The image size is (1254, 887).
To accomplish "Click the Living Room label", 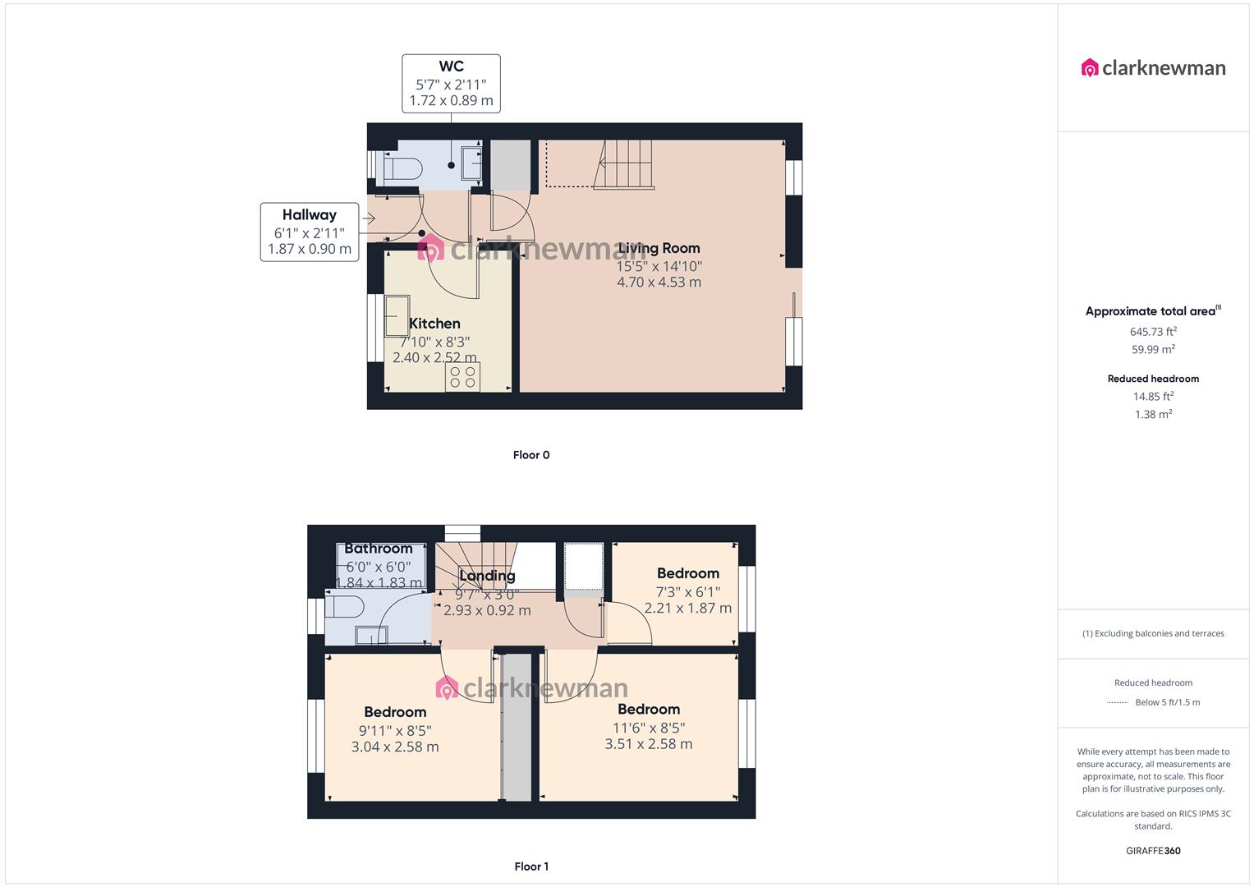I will click(x=659, y=248).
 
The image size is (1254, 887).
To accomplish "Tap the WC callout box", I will click(x=451, y=84).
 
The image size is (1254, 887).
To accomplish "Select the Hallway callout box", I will click(x=310, y=232).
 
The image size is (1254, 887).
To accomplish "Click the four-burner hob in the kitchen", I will click(x=462, y=377).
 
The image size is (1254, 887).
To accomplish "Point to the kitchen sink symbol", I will click(x=397, y=315).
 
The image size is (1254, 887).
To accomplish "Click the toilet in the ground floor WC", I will click(x=403, y=169).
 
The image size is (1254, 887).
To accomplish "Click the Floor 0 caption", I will click(x=531, y=455).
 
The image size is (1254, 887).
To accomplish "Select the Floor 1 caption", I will click(x=531, y=866).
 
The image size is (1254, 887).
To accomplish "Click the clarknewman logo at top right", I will click(x=1153, y=68).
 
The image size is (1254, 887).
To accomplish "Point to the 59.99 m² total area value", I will click(x=1153, y=349).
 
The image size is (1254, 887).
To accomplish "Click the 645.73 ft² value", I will click(x=1153, y=332).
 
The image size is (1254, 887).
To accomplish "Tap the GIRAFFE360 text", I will click(x=1153, y=851).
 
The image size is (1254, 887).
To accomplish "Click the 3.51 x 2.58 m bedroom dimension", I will click(x=648, y=744).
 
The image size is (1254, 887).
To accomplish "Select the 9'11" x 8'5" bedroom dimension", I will click(x=395, y=730).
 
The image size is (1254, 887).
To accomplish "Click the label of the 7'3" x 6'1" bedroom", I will click(x=687, y=573).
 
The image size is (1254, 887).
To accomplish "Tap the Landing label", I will click(x=487, y=576).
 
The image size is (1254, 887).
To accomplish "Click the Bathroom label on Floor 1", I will click(x=378, y=549).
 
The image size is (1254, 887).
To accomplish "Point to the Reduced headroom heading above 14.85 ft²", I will click(x=1153, y=379).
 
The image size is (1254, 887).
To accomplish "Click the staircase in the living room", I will click(x=625, y=163).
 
